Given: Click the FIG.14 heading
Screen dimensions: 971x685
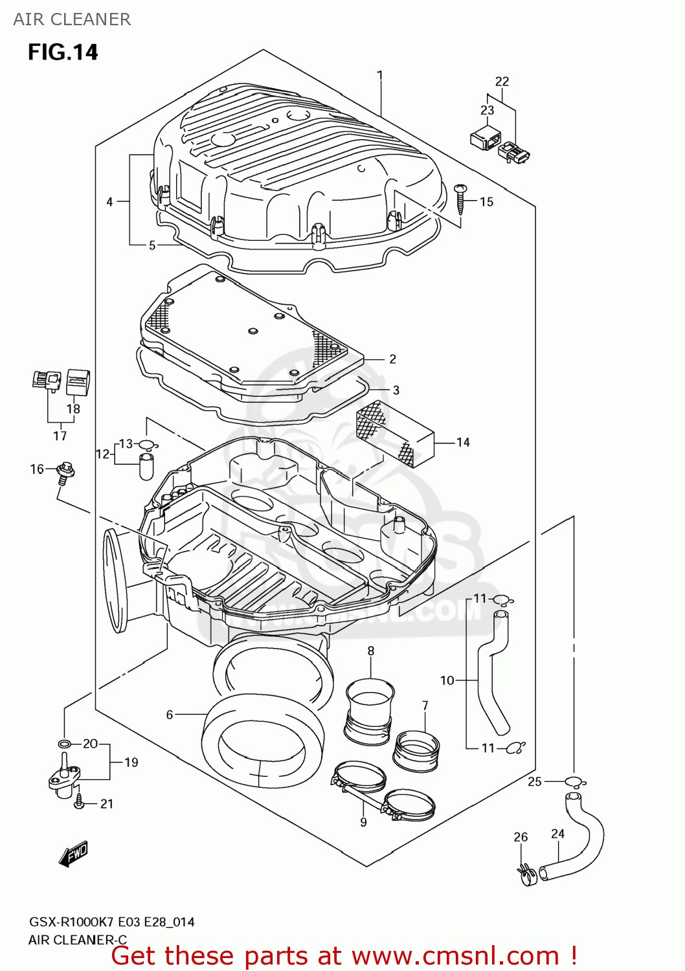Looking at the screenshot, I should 63,52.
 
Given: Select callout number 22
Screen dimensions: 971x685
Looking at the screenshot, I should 502,82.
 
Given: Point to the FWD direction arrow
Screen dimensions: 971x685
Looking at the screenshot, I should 73,854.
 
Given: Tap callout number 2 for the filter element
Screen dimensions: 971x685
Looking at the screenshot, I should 392,359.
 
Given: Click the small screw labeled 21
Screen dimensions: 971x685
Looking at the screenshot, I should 79,802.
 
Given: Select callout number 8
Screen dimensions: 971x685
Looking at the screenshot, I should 370,651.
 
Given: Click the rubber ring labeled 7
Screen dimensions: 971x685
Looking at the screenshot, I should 416,751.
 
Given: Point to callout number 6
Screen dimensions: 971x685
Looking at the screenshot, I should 170,715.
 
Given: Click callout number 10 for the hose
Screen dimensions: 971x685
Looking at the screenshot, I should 447,680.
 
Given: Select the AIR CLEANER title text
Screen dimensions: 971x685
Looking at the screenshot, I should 72,19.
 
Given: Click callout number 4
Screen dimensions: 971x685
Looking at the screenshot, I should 109,202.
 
